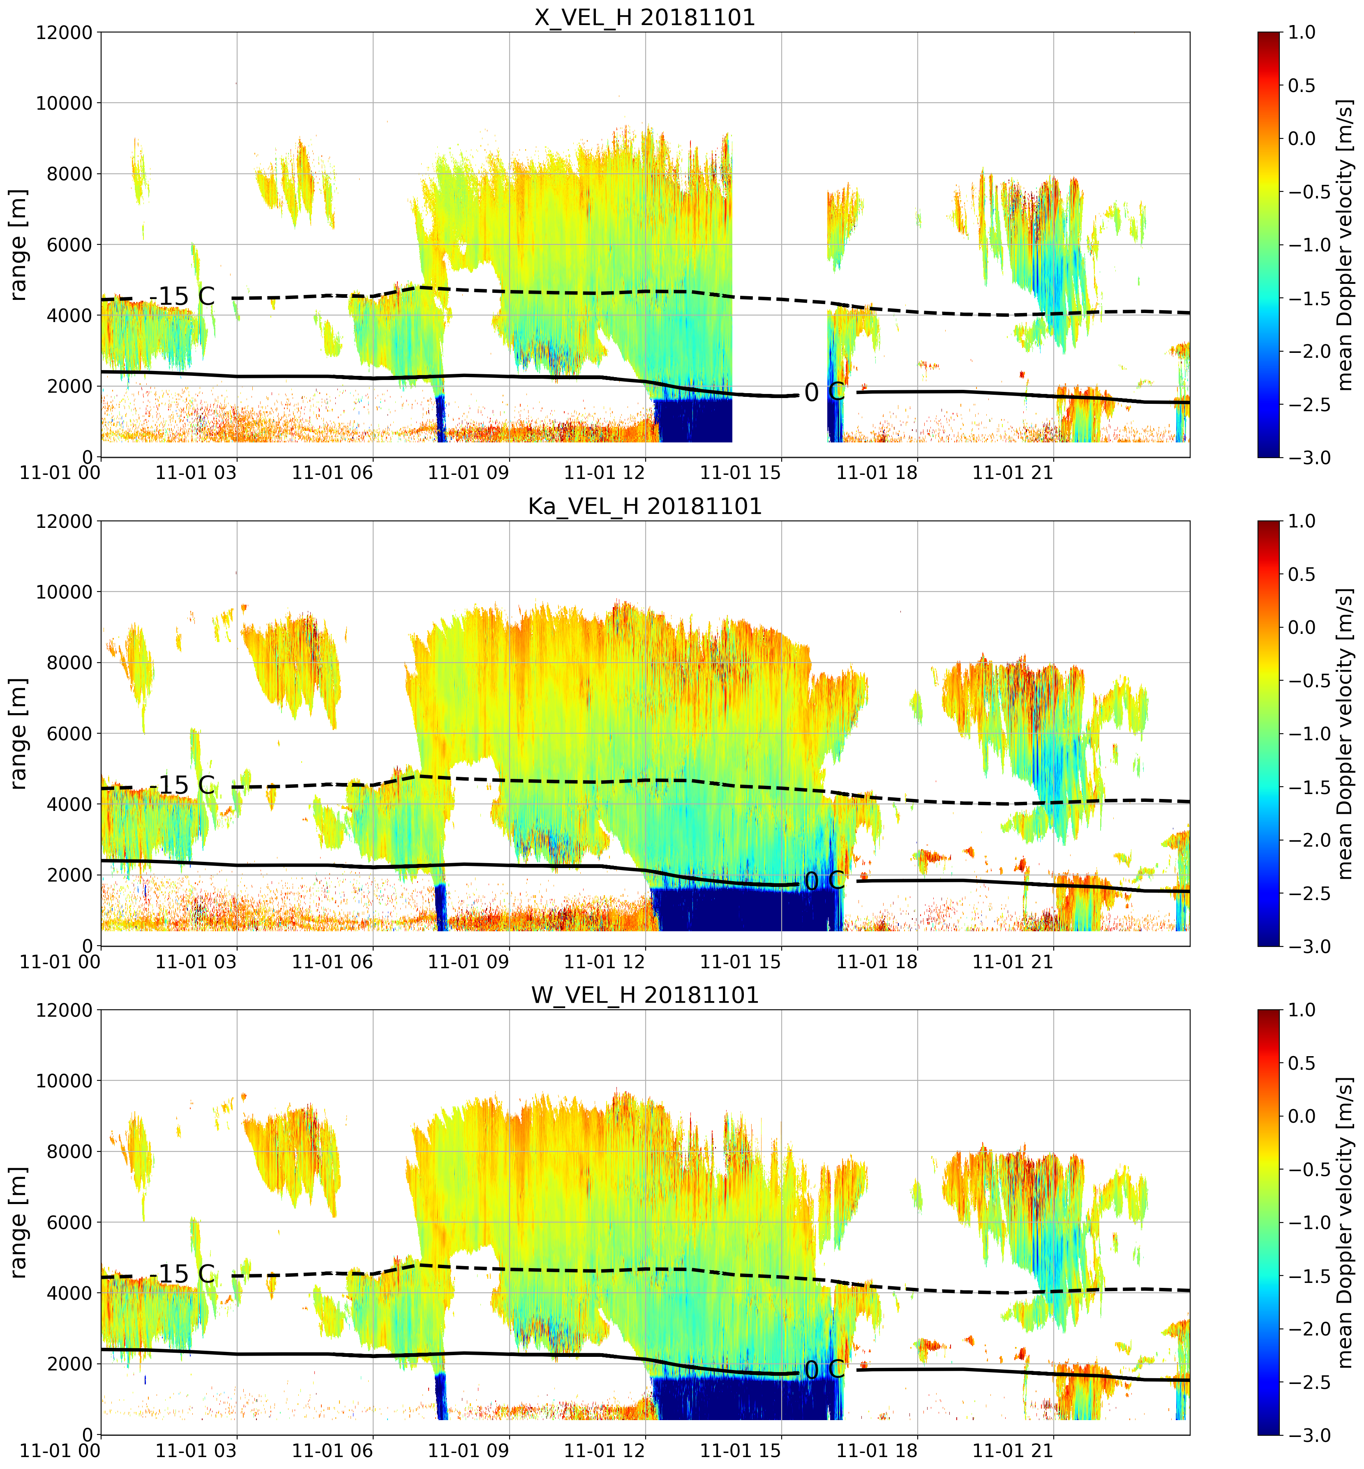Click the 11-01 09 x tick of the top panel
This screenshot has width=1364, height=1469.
(x=469, y=473)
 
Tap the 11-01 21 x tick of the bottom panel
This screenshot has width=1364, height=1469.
(x=1013, y=1451)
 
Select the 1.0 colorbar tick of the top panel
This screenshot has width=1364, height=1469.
(x=1302, y=32)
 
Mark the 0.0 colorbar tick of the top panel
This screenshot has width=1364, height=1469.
(x=1302, y=139)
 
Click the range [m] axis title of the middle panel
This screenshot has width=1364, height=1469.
(x=18, y=733)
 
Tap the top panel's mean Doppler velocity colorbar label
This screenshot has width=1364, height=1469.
(x=1345, y=245)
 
